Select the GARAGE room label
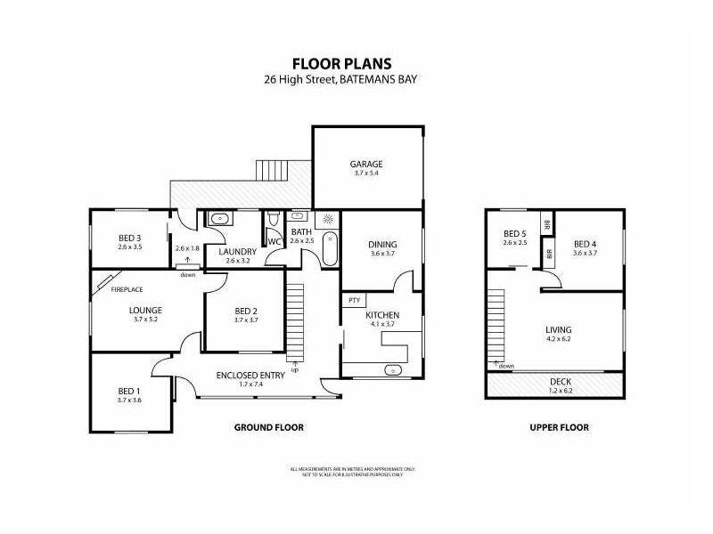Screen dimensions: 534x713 (365, 164)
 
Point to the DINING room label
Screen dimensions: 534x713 (382, 245)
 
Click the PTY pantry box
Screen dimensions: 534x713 (354, 300)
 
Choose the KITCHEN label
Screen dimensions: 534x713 (381, 315)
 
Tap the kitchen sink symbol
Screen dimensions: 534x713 (389, 369)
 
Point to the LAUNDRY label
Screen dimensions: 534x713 (237, 251)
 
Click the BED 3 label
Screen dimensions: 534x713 (129, 238)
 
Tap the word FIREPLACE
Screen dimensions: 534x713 (127, 289)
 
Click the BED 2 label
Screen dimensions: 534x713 (245, 311)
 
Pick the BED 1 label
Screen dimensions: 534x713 (129, 391)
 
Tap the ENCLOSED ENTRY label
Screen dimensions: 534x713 (250, 375)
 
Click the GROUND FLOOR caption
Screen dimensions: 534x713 (268, 427)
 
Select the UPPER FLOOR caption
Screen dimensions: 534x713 (559, 427)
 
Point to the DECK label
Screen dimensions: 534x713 (559, 380)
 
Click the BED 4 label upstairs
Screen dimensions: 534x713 (585, 244)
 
